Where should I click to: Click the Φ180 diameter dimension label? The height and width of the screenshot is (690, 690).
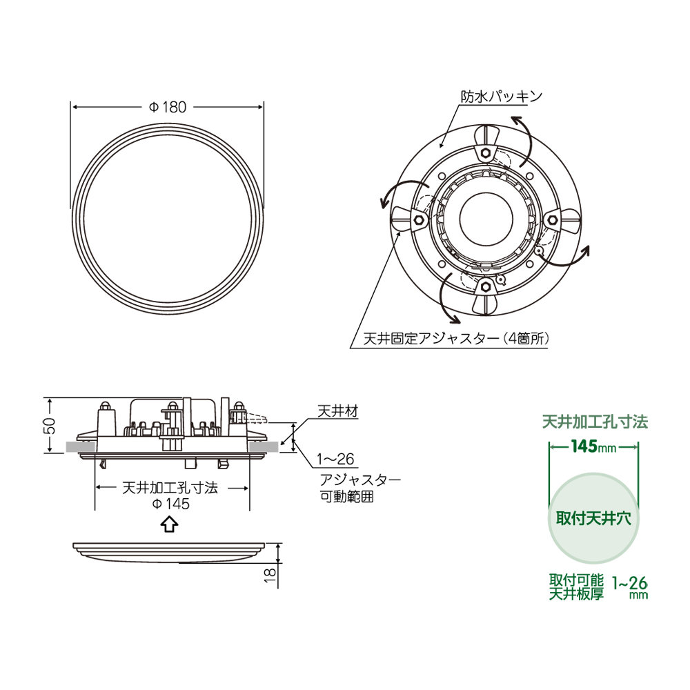pos(168,107)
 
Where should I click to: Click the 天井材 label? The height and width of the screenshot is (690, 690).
pos(337,411)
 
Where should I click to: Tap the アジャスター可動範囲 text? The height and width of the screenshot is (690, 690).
pos(359,487)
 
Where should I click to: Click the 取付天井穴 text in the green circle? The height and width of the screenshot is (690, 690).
pos(594,518)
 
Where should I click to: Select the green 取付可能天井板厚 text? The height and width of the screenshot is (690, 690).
pos(576,586)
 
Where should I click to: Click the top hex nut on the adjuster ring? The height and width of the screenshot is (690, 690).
pos(485,151)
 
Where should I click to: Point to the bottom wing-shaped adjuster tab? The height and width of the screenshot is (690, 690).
pos(485,302)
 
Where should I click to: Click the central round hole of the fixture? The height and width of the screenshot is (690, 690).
pos(485,219)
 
